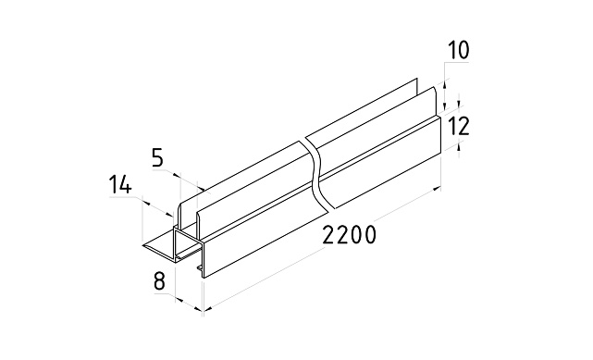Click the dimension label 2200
pyautogui.click(x=350, y=234)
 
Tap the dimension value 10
pyautogui.click(x=458, y=50)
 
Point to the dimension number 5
pyautogui.click(x=157, y=158)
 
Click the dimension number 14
pyautogui.click(x=120, y=185)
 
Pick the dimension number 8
pyautogui.click(x=160, y=281)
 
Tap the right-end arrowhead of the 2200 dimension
pyautogui.click(x=437, y=188)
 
